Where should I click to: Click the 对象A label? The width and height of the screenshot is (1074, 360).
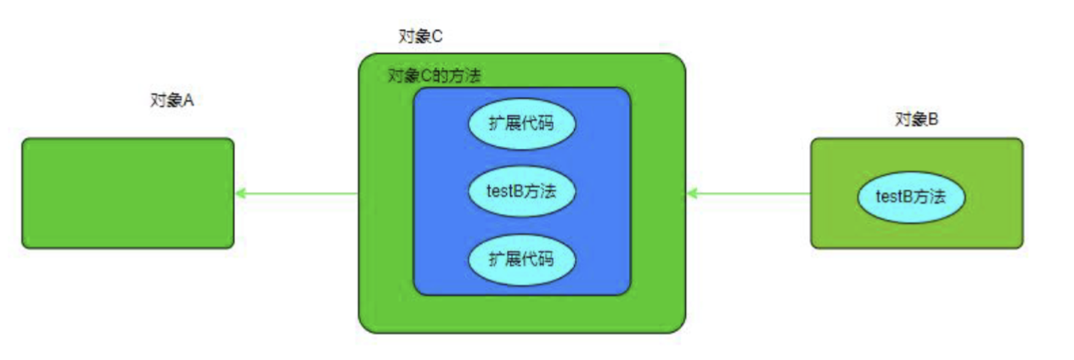pos(172,100)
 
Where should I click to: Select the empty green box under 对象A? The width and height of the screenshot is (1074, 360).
pos(127,193)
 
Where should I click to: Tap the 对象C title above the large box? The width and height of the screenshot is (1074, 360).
pos(420,37)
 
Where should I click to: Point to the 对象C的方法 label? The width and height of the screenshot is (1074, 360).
pos(434,76)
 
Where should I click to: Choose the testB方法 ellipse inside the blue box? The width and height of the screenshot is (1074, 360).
pos(521,191)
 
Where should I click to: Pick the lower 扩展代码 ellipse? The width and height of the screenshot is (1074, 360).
pos(521,257)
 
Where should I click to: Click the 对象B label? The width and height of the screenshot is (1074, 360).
pos(916,120)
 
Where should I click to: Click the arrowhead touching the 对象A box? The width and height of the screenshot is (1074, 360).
pos(241,194)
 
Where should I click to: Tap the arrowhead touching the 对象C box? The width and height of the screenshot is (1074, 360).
pos(692,194)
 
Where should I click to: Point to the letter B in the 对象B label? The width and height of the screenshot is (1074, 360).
pos(932,120)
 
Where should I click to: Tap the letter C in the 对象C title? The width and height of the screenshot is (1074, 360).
pos(437,37)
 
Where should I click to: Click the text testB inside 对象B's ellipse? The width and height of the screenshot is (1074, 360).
pos(892,198)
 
